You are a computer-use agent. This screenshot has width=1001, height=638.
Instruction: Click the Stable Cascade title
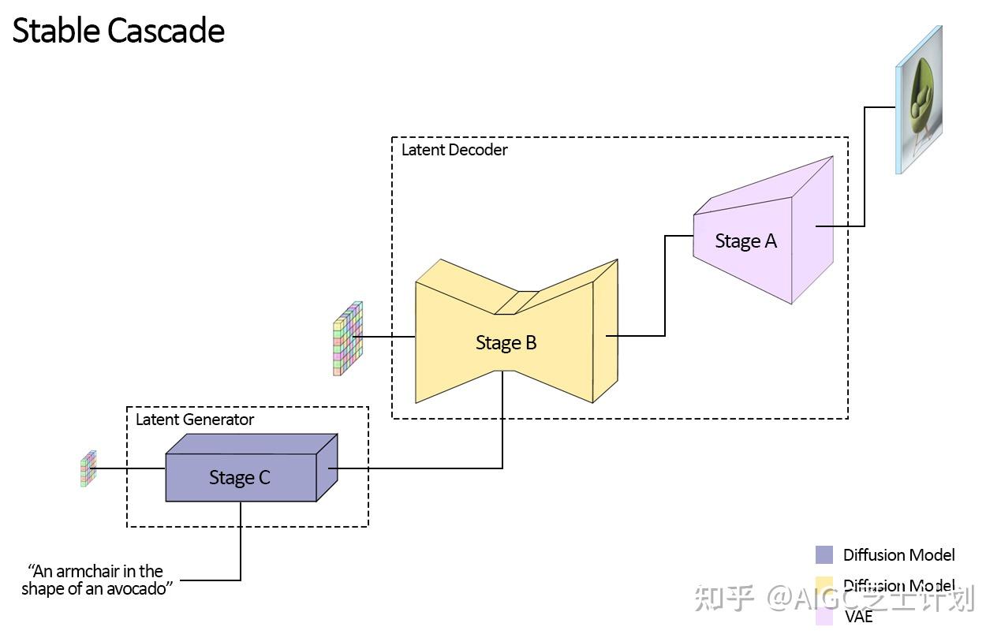[118, 31]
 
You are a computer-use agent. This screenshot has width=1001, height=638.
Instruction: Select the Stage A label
[745, 241]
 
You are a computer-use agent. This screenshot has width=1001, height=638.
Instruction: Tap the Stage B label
[506, 342]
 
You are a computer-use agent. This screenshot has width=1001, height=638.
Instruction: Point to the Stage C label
[239, 477]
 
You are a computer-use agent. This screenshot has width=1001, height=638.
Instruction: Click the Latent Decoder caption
[454, 150]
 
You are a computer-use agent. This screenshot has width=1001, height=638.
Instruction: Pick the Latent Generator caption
[195, 420]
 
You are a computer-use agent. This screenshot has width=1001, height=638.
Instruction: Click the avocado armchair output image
[920, 100]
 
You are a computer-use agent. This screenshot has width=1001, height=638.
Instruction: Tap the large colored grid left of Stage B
[347, 338]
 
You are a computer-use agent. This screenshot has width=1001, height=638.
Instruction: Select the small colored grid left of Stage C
[88, 468]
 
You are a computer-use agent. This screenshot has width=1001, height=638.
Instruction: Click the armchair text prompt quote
[96, 580]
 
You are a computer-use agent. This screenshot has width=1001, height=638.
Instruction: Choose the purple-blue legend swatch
[824, 554]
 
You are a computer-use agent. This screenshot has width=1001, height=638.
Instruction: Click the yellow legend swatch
[824, 585]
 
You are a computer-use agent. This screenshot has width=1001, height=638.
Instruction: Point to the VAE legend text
[859, 617]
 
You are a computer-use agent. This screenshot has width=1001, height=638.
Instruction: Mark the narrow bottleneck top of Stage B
[517, 302]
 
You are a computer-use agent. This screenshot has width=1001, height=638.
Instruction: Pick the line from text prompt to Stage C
[241, 544]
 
